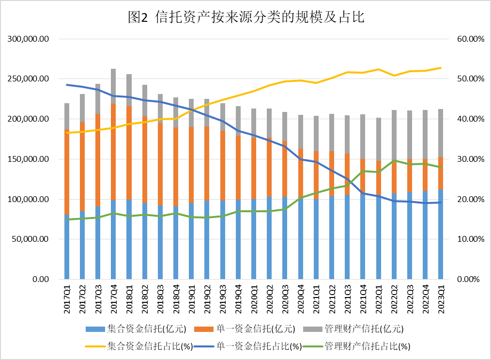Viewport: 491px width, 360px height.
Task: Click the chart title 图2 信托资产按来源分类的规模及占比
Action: coord(245,17)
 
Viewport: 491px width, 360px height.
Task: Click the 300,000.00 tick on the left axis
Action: coord(29,39)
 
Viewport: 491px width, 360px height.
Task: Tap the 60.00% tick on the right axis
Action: coord(470,39)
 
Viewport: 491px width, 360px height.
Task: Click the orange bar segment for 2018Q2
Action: coord(144,160)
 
